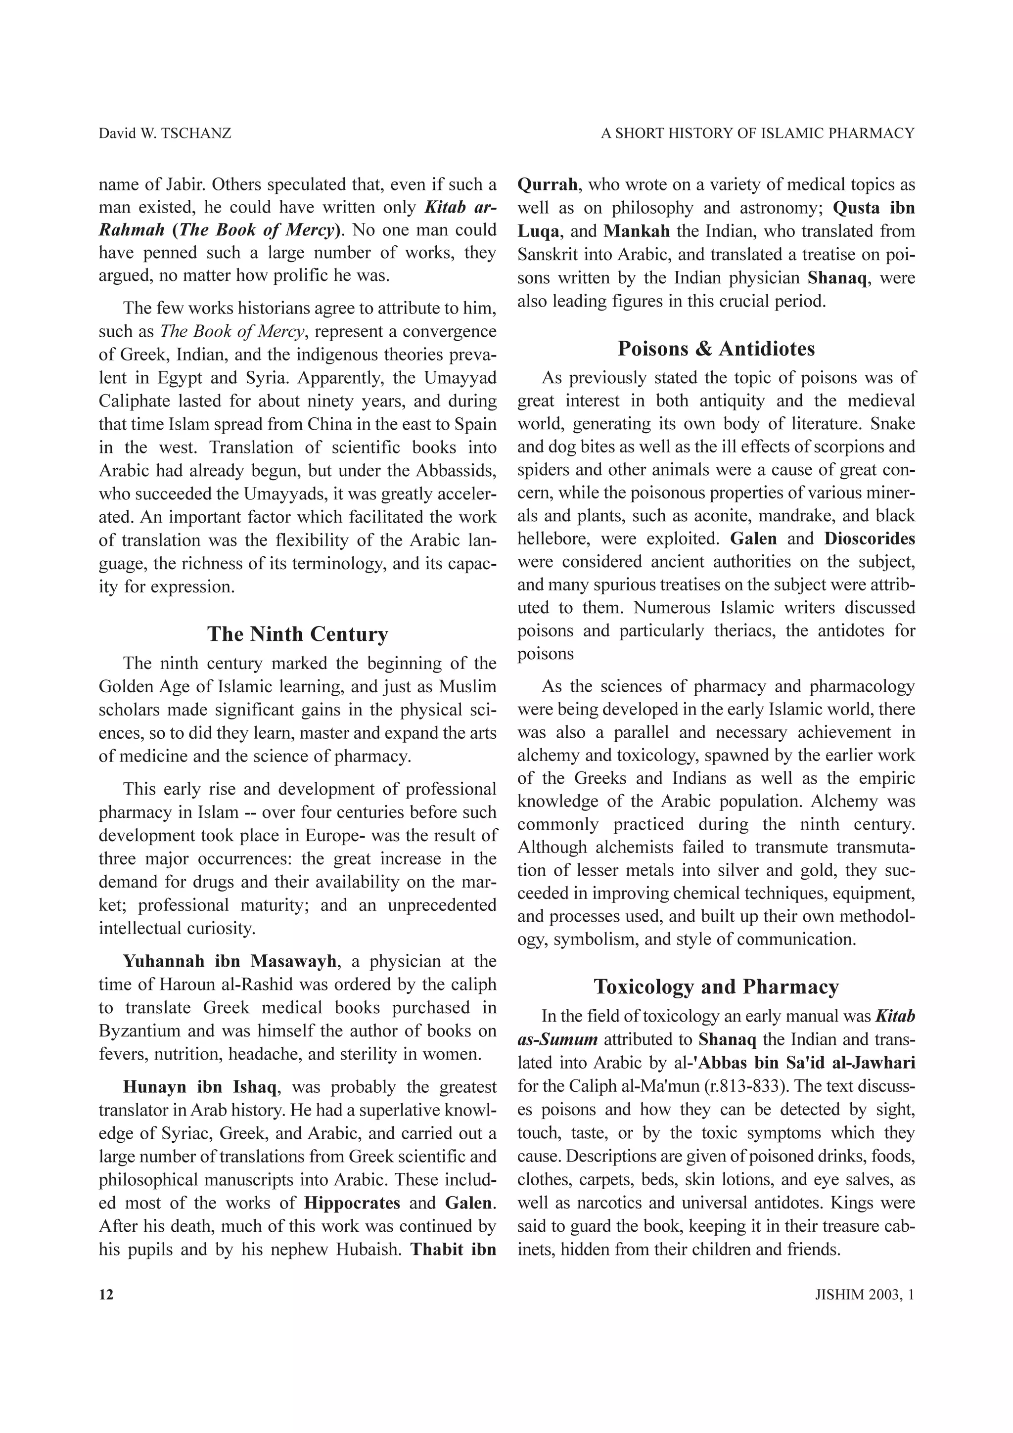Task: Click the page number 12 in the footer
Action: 106,1295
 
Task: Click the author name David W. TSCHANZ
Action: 165,133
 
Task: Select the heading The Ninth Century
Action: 298,633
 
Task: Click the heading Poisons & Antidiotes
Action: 716,348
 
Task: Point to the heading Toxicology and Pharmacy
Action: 716,987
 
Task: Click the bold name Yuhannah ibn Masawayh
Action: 230,961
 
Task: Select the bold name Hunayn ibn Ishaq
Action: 200,1086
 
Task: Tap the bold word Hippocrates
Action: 352,1203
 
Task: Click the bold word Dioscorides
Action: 870,538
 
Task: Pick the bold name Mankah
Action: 637,231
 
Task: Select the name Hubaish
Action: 368,1249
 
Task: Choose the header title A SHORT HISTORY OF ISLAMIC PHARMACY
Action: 757,133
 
